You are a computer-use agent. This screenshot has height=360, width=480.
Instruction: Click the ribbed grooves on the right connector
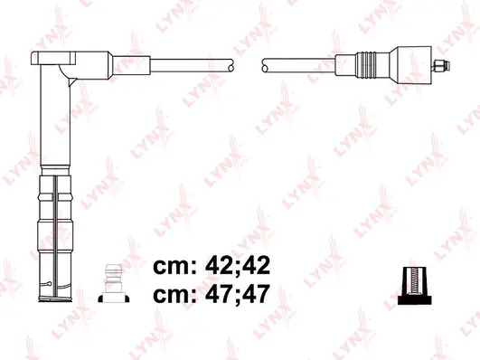coord(365,64)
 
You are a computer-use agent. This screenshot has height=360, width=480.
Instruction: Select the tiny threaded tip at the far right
coord(441,64)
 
